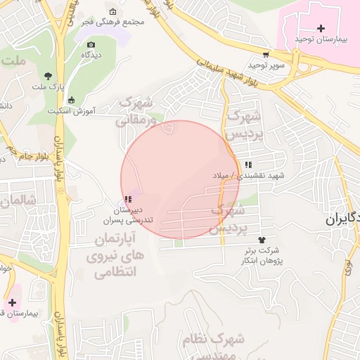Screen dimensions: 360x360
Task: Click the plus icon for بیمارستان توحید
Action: click(321, 28)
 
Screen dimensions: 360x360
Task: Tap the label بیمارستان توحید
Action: click(321, 39)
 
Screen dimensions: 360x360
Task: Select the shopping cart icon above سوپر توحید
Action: click(265, 55)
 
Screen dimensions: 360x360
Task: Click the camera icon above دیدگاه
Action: click(91, 45)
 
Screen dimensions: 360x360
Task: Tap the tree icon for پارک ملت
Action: click(49, 76)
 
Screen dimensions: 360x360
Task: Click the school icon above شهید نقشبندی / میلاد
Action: click(247, 165)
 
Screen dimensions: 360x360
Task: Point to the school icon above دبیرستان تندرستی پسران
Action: click(128, 200)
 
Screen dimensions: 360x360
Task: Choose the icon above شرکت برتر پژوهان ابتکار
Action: click(262, 240)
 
